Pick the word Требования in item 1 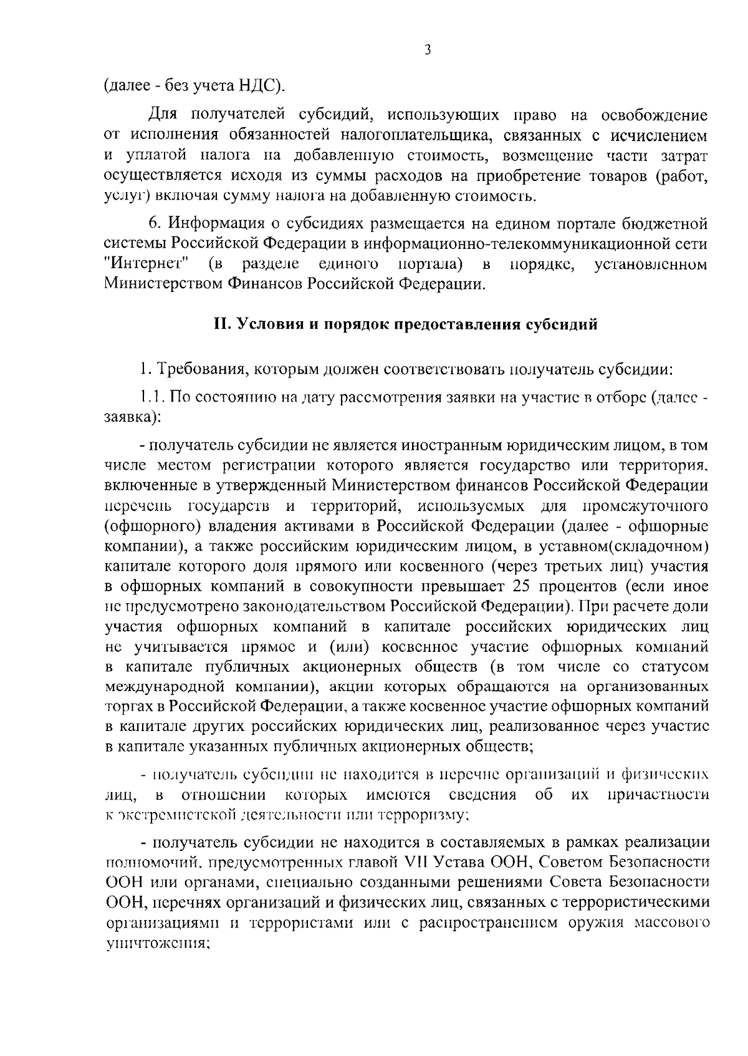pos(196,369)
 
